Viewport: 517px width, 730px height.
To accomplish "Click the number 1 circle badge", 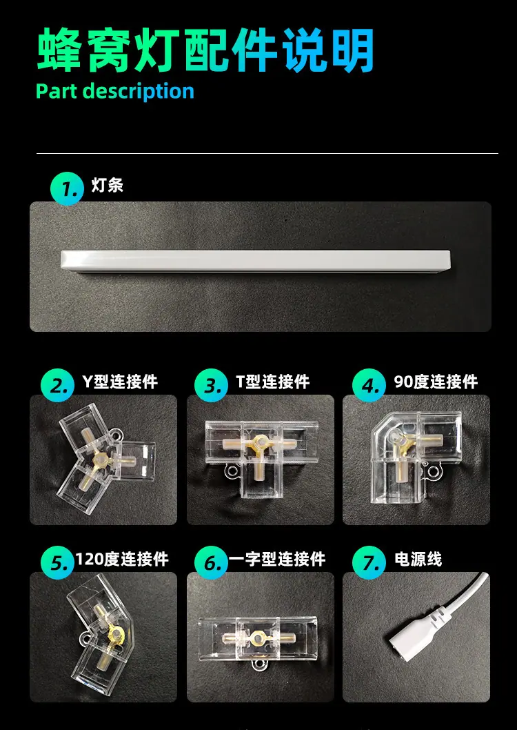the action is tap(67, 188).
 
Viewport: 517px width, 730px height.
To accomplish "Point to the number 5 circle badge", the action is tap(58, 562).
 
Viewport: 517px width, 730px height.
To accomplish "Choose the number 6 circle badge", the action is tap(211, 562).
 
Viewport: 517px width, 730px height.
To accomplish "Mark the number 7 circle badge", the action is tap(369, 562).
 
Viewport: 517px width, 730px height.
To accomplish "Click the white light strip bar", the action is tap(255, 261).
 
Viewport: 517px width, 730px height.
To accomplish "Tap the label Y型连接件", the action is tap(120, 382).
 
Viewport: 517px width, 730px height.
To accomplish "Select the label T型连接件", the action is tap(272, 382).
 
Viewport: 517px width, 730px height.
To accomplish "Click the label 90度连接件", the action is tap(436, 382).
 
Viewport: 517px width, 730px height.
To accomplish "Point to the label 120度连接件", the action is tap(122, 559).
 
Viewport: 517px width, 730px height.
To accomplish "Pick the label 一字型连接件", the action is tap(277, 559).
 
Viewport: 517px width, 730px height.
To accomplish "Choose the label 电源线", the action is tap(418, 559).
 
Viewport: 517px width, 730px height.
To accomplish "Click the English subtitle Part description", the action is tap(115, 91).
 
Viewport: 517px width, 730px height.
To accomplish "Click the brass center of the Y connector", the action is tap(100, 460).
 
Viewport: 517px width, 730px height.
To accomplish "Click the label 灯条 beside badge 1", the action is tap(108, 186).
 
